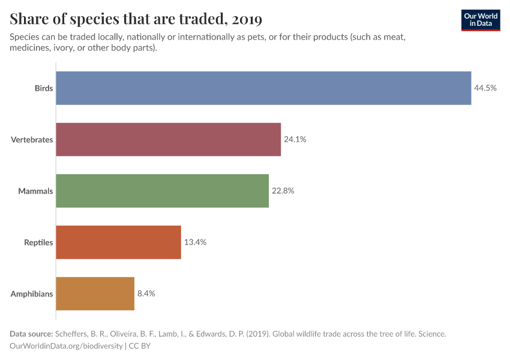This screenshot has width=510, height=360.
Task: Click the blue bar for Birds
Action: [x=263, y=88]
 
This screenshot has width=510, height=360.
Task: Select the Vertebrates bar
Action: [x=169, y=140]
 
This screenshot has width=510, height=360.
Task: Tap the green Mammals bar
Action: [x=163, y=191]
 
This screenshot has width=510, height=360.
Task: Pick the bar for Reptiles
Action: [x=119, y=242]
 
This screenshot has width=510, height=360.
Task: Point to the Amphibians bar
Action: [x=95, y=294]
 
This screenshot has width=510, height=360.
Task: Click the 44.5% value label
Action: [x=485, y=88]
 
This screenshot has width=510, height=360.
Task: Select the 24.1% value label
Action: [x=295, y=140]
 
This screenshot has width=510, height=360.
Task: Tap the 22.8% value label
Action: [x=283, y=191]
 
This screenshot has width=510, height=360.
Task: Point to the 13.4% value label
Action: [x=195, y=242]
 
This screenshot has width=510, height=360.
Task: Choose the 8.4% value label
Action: [x=146, y=294]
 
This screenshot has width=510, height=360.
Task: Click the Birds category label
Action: [x=44, y=88]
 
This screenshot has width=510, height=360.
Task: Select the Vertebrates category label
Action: [x=32, y=140]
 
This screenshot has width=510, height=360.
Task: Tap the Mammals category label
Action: [x=35, y=191]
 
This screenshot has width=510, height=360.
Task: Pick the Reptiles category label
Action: [x=38, y=242]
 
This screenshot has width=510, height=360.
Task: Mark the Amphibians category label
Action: [x=32, y=294]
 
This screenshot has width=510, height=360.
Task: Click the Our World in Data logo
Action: [x=480, y=20]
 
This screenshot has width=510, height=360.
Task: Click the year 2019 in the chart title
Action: [x=246, y=19]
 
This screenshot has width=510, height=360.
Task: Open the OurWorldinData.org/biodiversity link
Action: [x=67, y=346]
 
